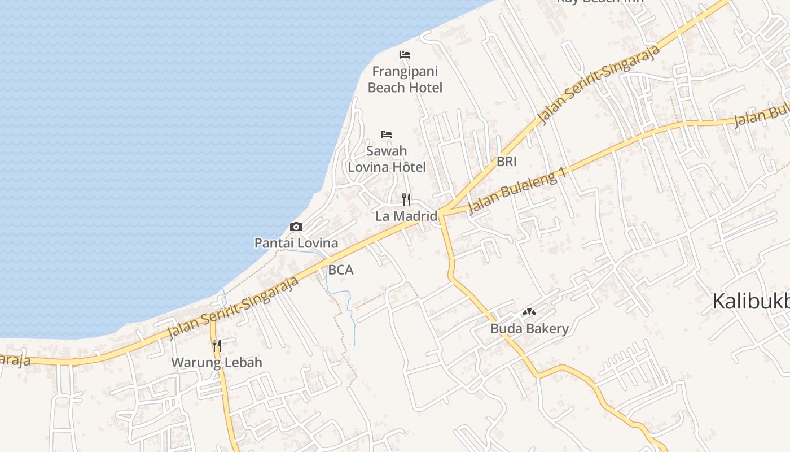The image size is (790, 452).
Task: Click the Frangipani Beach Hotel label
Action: click(x=405, y=80)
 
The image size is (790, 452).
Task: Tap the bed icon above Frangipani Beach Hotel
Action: click(x=405, y=55)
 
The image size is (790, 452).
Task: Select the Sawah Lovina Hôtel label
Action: click(x=387, y=159)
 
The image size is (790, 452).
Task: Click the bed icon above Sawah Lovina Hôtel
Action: click(x=387, y=134)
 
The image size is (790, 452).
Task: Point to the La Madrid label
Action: click(x=406, y=216)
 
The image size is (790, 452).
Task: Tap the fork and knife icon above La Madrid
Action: click(x=406, y=199)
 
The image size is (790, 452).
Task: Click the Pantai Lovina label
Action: click(x=296, y=243)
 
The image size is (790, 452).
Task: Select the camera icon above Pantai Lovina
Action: click(x=296, y=227)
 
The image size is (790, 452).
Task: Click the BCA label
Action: click(x=341, y=270)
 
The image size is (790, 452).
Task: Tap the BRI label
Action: click(x=507, y=162)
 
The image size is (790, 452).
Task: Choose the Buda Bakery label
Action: click(x=529, y=328)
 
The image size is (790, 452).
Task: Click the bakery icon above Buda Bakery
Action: click(x=529, y=312)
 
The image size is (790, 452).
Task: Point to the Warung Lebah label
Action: click(x=217, y=362)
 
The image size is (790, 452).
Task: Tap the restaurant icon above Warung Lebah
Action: click(x=217, y=345)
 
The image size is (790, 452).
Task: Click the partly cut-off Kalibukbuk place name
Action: click(x=750, y=302)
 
